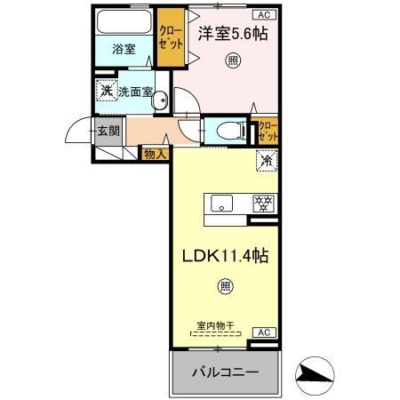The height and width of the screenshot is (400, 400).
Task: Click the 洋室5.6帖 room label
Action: click(232, 34)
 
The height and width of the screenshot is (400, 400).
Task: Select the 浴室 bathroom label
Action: click(124, 50)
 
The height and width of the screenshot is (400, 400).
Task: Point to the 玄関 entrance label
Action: click(108, 132)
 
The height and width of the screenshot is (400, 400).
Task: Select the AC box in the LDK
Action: click(263, 332)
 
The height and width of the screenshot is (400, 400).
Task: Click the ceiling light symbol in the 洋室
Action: click(232, 60)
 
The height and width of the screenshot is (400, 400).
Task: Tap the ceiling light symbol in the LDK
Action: click(226, 285)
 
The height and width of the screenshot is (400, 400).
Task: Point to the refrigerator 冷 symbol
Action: click(265, 162)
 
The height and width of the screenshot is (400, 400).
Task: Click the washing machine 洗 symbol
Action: click(106, 91)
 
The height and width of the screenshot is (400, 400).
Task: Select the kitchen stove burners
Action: click(263, 203)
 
